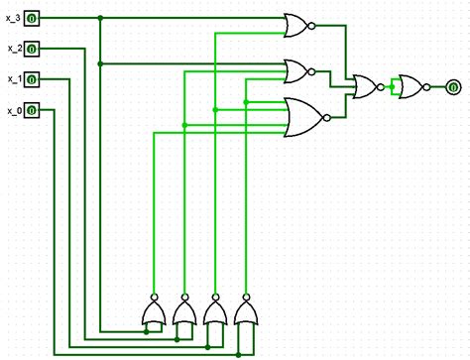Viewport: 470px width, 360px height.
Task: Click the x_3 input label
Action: (13, 18)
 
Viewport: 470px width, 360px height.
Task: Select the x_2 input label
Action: (13, 48)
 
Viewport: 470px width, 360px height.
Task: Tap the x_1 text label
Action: (13, 78)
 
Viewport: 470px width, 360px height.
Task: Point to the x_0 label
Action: (13, 109)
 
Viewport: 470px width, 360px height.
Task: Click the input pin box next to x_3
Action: (32, 18)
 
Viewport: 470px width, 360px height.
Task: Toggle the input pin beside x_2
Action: (32, 49)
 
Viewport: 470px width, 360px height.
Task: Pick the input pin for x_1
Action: (32, 79)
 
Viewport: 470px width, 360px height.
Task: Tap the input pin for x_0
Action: (32, 110)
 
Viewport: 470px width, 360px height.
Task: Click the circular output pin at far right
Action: (452, 87)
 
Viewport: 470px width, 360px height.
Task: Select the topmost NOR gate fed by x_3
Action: (296, 26)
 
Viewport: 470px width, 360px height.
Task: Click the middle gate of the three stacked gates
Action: (296, 70)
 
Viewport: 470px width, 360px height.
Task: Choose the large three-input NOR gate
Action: (301, 116)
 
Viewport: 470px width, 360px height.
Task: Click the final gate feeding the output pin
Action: (409, 87)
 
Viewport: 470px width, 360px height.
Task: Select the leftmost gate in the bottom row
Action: (154, 315)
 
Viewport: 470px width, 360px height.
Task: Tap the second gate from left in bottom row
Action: (183, 315)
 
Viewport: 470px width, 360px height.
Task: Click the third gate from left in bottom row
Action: (214, 315)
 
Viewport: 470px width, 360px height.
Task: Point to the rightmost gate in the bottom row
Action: (245, 315)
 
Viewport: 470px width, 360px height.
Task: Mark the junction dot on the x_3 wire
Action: (100, 18)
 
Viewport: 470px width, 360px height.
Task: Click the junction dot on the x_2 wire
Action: (100, 63)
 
